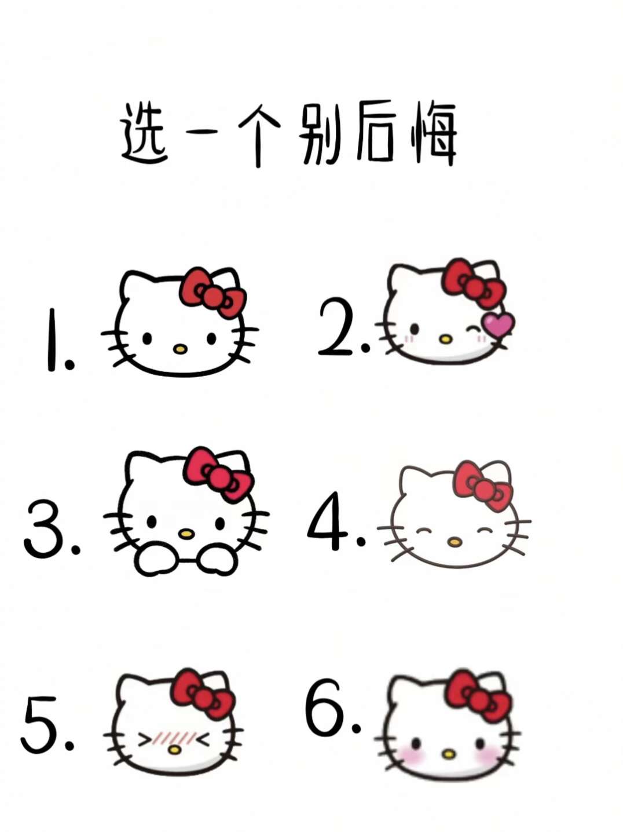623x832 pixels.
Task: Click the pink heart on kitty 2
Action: coord(498,325)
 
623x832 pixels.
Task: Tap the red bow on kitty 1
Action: coord(212,292)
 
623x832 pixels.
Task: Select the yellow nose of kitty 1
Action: coord(180,348)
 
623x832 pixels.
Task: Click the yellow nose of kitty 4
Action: coord(454,542)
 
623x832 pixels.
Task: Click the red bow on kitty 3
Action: coord(218,475)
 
